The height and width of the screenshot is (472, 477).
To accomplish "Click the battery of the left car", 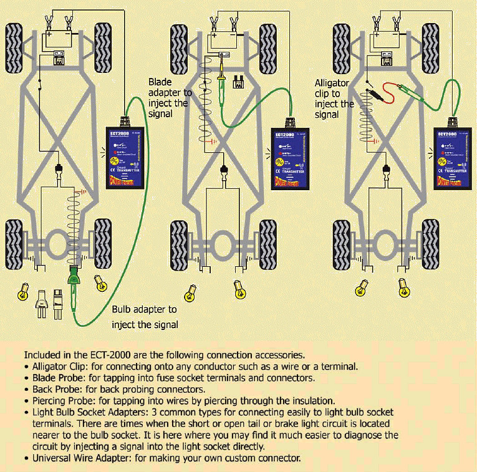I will pos(57,40).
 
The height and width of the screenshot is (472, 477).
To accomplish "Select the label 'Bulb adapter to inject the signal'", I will pos(145,317).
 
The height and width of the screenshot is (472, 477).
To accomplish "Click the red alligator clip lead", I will pos(385,94).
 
